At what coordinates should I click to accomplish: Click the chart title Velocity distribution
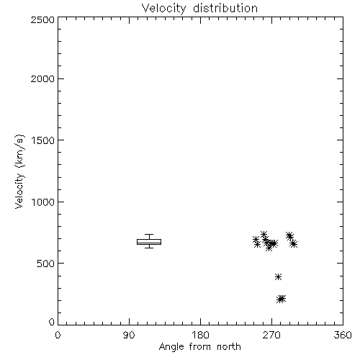tap(199, 9)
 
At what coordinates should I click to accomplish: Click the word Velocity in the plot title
tap(163, 9)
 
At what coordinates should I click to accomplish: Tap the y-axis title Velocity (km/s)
tap(19, 171)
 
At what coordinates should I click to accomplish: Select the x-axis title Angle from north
tap(199, 346)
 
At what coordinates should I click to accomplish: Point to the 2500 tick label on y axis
tap(42, 19)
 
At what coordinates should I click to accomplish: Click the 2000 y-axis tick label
tap(42, 78)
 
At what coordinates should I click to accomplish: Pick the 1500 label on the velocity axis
tap(43, 140)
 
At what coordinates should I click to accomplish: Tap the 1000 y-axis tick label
tap(43, 202)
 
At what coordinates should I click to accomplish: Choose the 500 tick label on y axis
tap(46, 264)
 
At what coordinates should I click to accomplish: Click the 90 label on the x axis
tap(129, 335)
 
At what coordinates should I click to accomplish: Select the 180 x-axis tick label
tap(200, 335)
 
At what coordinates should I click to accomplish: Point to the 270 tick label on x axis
tap(271, 335)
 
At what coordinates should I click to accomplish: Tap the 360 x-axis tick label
tap(343, 335)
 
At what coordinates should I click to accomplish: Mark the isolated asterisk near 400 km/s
tap(278, 276)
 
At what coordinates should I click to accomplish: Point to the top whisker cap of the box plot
tap(149, 235)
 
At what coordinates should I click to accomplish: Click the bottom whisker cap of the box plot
tap(149, 248)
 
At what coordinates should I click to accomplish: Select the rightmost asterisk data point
tap(294, 244)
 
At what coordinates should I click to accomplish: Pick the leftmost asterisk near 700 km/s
tap(256, 239)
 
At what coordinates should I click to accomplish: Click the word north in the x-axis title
tap(229, 346)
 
